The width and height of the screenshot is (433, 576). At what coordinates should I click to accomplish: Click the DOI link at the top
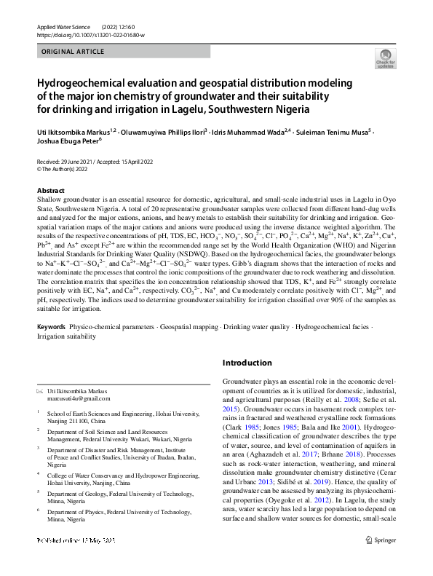click(x=90, y=34)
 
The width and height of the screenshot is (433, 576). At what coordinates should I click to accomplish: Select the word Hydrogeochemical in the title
click(x=82, y=83)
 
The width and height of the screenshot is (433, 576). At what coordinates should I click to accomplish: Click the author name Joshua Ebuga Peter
click(x=67, y=143)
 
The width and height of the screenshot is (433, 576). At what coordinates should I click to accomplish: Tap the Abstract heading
click(x=52, y=189)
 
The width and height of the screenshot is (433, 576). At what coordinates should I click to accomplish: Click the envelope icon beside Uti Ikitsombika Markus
click(x=40, y=392)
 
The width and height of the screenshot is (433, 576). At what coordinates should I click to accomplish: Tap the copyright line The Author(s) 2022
click(x=70, y=168)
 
